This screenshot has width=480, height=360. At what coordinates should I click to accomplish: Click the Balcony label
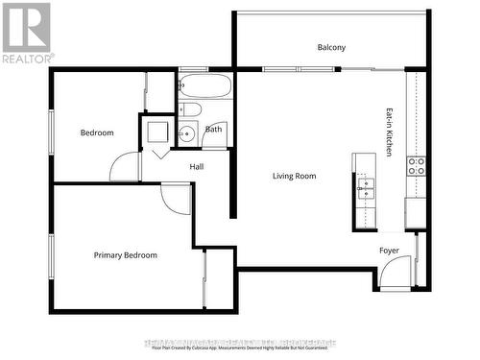coord(331,47)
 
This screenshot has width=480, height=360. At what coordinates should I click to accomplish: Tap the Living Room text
coord(294,176)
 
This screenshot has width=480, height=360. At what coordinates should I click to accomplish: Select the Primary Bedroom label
coord(125,255)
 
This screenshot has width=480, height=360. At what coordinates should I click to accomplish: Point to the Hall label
coord(196,167)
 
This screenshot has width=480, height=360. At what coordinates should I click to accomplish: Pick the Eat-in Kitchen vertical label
coord(390,132)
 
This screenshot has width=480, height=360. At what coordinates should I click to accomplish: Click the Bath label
coord(213,129)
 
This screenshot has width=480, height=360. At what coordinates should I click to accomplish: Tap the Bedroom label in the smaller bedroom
coord(96,132)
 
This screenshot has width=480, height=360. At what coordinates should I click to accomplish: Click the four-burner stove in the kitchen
coord(417,164)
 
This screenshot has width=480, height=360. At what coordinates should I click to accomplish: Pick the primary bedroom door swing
coord(176,198)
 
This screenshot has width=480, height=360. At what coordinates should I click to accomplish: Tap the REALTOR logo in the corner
coord(26,33)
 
